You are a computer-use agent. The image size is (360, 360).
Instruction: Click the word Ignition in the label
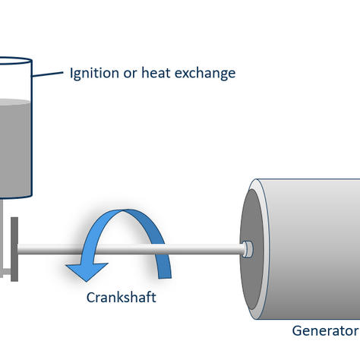click(x=93, y=74)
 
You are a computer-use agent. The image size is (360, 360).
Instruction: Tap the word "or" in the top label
click(x=129, y=74)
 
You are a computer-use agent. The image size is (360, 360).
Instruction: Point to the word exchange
click(x=203, y=74)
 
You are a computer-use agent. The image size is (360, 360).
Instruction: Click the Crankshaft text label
click(x=121, y=297)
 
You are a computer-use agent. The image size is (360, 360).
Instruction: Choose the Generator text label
click(x=325, y=330)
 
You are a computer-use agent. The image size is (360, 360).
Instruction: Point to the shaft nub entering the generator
click(x=247, y=248)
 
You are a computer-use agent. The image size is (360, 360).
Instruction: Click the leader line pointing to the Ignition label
click(x=48, y=75)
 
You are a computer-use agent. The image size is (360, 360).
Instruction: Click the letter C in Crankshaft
click(x=88, y=297)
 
